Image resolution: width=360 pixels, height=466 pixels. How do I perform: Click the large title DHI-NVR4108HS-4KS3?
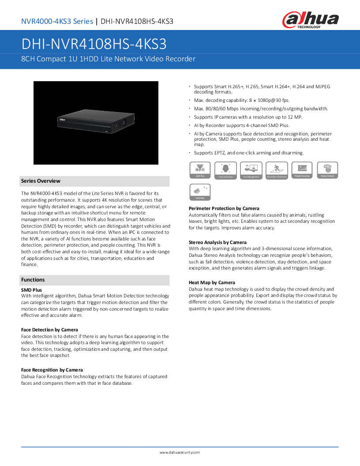[x=94, y=44]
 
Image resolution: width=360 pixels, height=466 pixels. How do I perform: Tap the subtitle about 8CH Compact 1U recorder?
[x=108, y=59]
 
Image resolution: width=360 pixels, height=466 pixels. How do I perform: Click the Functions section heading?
[x=33, y=280]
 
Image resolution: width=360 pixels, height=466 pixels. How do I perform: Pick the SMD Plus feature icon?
[x=200, y=170]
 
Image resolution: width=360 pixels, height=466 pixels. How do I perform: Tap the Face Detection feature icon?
[x=225, y=170]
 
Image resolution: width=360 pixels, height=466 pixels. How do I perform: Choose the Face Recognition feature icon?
[x=251, y=170]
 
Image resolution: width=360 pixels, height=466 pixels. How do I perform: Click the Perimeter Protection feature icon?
[x=277, y=170]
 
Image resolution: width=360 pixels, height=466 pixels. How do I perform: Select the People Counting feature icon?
[x=302, y=170]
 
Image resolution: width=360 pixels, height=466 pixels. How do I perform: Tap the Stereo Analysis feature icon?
[x=327, y=170]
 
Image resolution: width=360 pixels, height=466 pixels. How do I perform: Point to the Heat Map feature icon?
[x=200, y=192]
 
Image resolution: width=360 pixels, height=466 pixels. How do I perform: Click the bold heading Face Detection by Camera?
[x=49, y=330]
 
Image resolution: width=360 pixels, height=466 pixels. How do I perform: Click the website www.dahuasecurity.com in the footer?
[x=180, y=452]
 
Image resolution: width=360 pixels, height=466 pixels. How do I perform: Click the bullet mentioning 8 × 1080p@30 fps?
[x=241, y=101]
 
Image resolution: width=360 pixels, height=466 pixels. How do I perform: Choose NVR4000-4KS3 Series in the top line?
[x=57, y=21]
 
